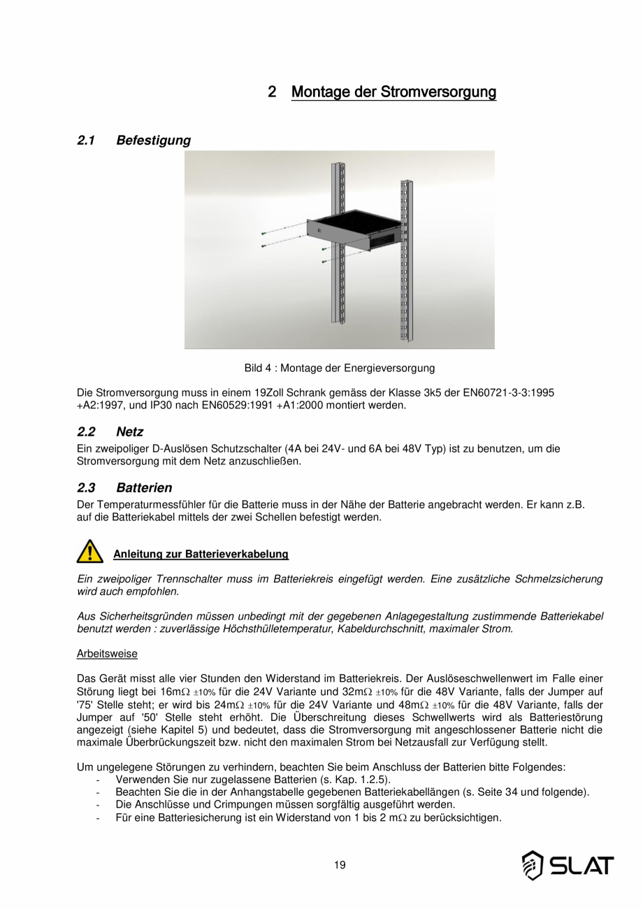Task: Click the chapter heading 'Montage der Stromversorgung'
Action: (393, 92)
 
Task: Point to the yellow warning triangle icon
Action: (89, 552)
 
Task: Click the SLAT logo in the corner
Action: (568, 866)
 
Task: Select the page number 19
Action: (340, 865)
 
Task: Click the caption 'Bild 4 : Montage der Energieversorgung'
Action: (340, 368)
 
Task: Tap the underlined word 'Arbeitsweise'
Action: (107, 654)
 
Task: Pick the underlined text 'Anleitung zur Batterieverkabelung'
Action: (201, 554)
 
